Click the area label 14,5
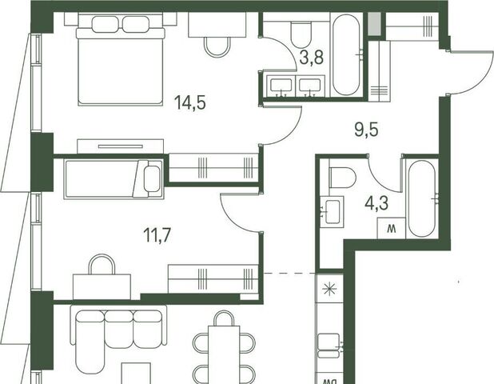190,102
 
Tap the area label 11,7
157,235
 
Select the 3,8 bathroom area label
312,58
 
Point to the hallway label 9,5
366,130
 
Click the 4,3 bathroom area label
376,203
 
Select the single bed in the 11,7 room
114,179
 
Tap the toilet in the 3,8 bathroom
301,34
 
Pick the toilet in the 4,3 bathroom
342,178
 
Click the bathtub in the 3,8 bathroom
346,54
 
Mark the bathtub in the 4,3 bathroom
421,199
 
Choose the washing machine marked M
392,228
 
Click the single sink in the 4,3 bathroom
332,211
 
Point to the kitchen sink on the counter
329,346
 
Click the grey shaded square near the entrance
375,24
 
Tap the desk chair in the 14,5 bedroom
217,46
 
